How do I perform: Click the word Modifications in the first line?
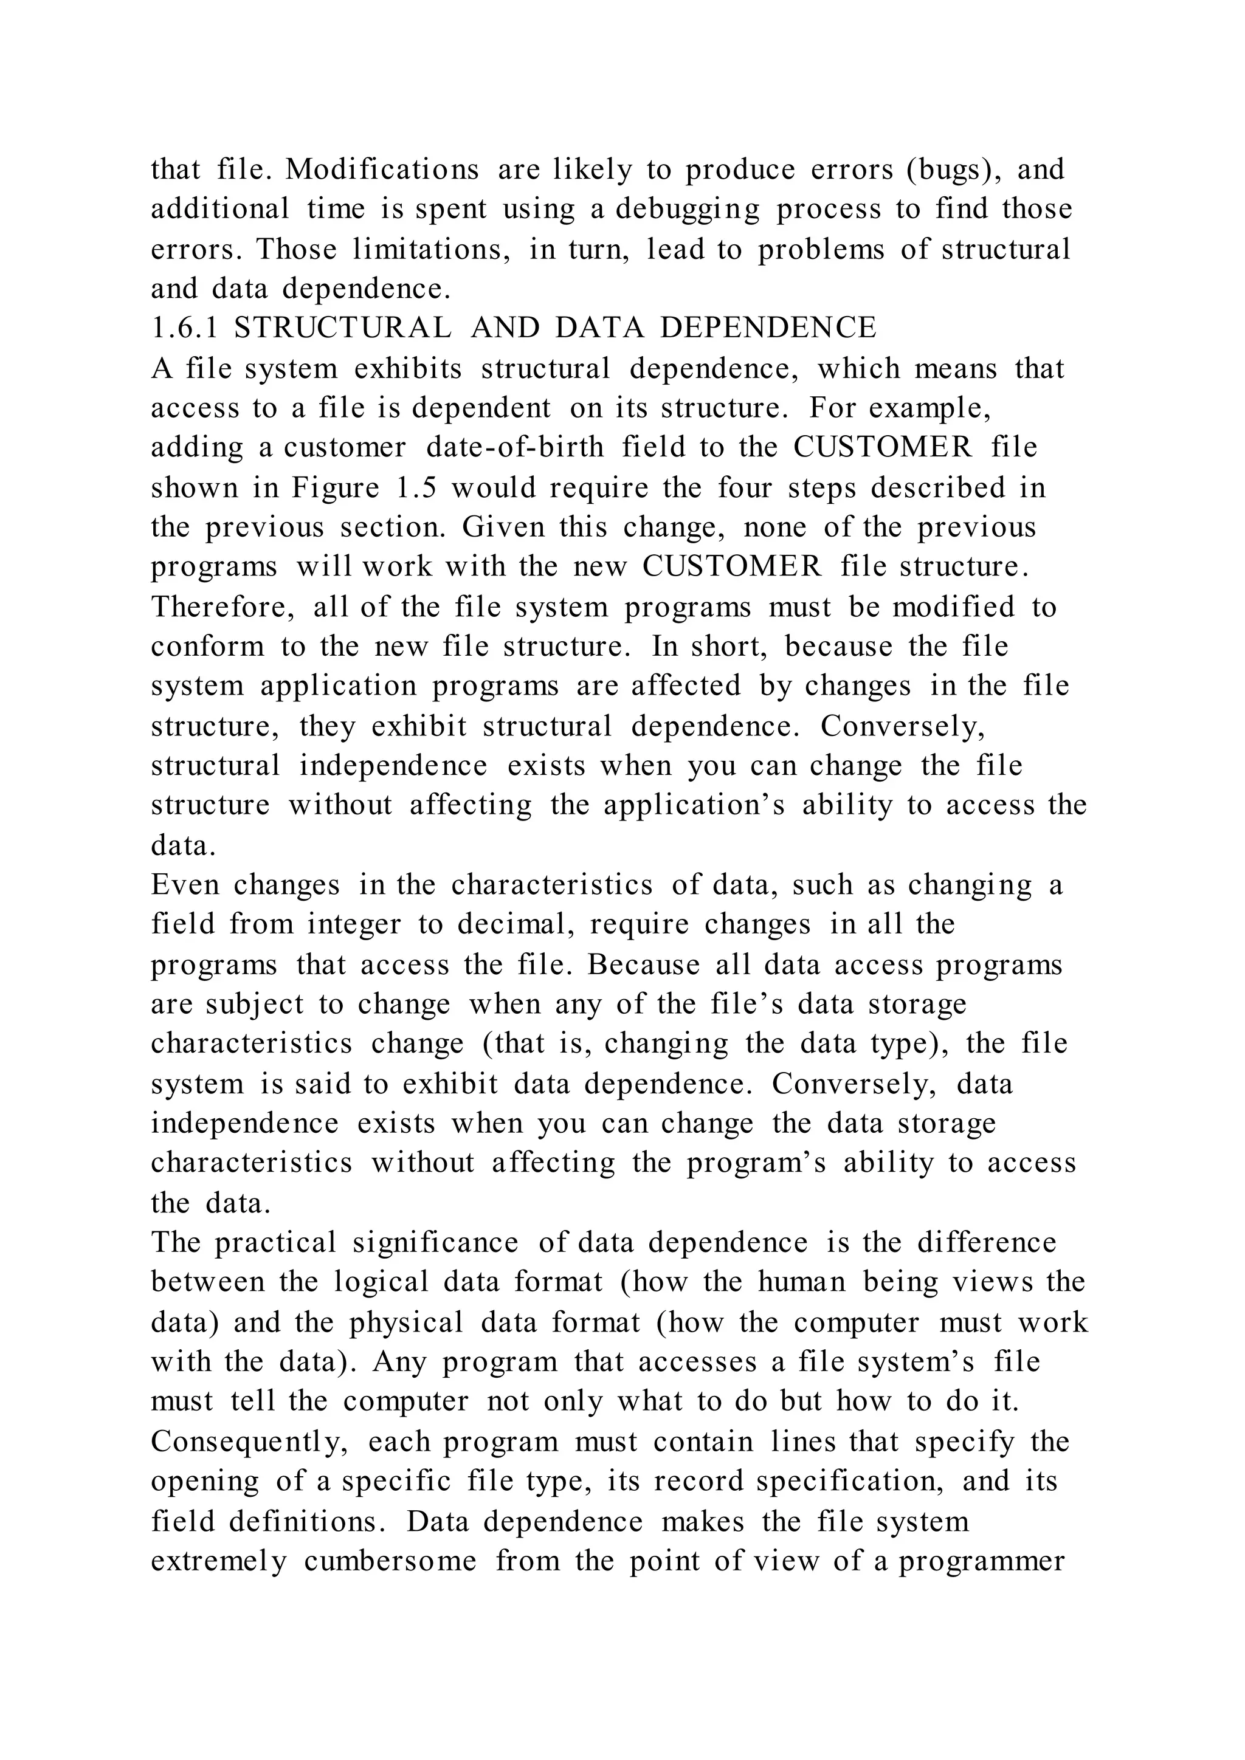tap(382, 170)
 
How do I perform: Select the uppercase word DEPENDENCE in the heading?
tap(768, 328)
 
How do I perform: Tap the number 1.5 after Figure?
tap(416, 487)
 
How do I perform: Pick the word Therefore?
tap(222, 607)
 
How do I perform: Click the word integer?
tap(354, 924)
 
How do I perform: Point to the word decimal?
tap(517, 924)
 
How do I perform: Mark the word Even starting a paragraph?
tap(184, 885)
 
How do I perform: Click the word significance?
tap(435, 1243)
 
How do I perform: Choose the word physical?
tap(406, 1322)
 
